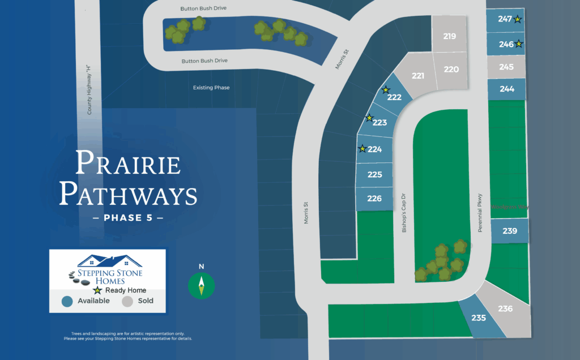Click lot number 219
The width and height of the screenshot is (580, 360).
coord(450,36)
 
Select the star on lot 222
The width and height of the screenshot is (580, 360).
coord(386,89)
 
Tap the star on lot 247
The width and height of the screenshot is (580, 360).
coord(518,19)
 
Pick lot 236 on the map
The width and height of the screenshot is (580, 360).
coord(505,308)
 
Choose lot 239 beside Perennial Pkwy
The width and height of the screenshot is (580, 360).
coord(510,230)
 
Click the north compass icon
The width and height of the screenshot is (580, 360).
coord(201,284)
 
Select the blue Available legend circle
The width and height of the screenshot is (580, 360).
coord(68,301)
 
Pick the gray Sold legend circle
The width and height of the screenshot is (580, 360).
coord(127,301)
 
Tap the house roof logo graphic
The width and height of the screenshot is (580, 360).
coord(110,260)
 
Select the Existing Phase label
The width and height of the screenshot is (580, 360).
coord(211,88)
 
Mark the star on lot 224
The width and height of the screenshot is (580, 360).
coord(362,148)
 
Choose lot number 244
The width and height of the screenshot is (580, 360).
coord(507,88)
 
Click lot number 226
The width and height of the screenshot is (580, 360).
coord(374,198)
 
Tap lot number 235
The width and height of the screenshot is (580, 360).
coord(479,318)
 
